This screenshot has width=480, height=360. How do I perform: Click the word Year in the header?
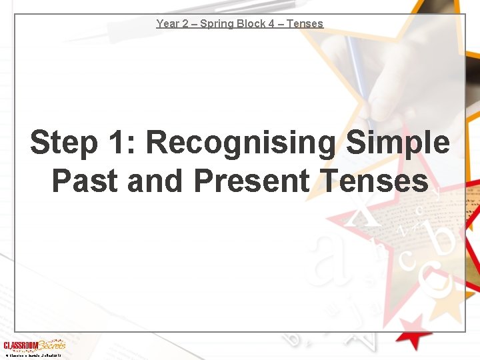tap(167, 23)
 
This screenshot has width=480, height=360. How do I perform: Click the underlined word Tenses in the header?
tap(305, 23)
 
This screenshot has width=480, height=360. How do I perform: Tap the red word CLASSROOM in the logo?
tap(20, 345)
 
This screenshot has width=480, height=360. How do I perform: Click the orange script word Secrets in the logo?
tap(52, 345)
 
